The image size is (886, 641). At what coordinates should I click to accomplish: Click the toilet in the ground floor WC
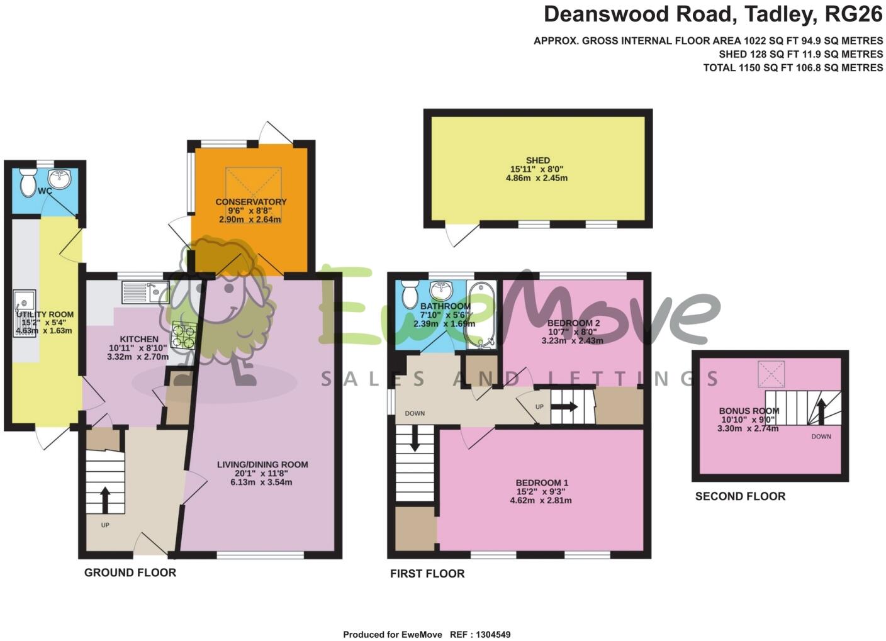(28, 181)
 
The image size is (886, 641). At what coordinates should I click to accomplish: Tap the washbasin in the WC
(62, 177)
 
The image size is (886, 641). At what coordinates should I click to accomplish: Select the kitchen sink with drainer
(145, 292)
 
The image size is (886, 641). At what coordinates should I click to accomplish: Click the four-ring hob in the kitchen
(184, 335)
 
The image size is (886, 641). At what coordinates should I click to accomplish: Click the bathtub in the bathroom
(481, 315)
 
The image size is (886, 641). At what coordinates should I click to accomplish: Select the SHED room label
(538, 160)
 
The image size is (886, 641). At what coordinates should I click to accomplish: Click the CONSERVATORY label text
(250, 202)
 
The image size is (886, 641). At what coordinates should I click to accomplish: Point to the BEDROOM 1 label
(542, 483)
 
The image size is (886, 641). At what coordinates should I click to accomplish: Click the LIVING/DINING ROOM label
(262, 465)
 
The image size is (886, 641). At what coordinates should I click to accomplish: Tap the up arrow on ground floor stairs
(104, 500)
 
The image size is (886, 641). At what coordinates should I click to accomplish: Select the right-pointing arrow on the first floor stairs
(564, 407)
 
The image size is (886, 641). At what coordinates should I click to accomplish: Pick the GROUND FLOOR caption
(130, 572)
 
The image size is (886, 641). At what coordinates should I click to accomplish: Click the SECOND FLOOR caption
(740, 496)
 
